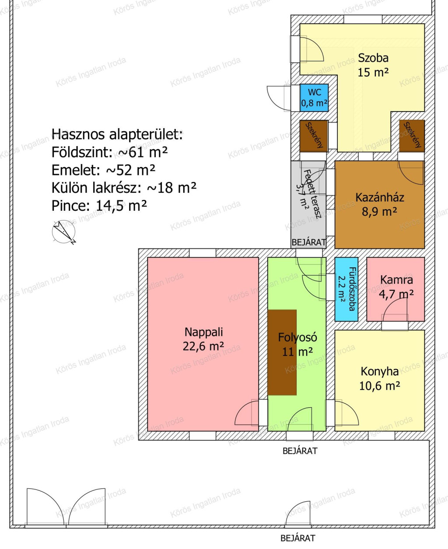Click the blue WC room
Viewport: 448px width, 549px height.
pos(314,98)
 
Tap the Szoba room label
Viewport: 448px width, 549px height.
pos(373,58)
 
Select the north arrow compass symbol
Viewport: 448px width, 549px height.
pos(64,232)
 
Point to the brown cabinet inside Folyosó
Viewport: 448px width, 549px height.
pos(282,352)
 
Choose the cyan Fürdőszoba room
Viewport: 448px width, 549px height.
pos(346,289)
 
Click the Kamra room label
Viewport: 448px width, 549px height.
pos(396,280)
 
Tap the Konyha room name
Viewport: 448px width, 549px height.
pos(380,372)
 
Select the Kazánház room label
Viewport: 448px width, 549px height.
pos(380,197)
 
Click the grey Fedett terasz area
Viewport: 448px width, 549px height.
pos(308,205)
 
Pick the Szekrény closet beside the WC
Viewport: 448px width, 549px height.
pos(314,136)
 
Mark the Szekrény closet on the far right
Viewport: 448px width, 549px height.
pos(412,136)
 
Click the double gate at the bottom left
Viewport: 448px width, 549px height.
pos(66,511)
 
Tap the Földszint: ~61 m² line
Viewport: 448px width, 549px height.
pos(109,152)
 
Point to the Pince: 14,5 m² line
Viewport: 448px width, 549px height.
pos(99,206)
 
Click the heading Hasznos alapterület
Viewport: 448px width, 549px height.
pos(117,134)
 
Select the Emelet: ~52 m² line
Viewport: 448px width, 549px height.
pos(103,170)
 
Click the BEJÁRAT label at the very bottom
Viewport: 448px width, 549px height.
pos(298,538)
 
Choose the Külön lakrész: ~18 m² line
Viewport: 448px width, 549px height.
pos(124,188)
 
